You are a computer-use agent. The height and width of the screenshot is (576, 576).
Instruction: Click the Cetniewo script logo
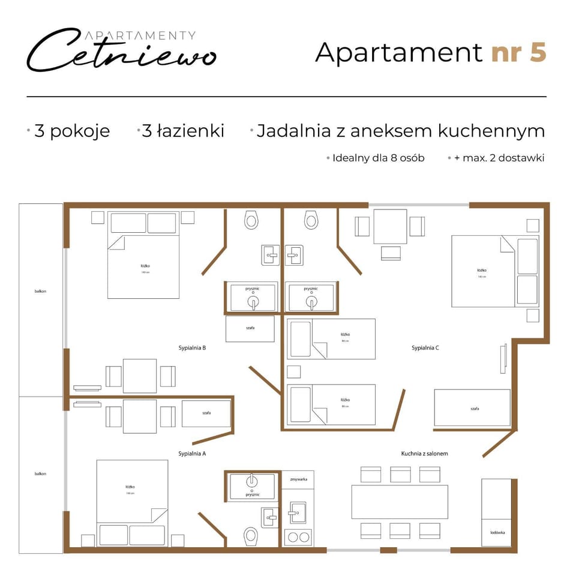pyautogui.click(x=120, y=51)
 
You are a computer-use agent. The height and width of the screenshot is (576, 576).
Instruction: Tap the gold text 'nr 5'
pyautogui.click(x=518, y=52)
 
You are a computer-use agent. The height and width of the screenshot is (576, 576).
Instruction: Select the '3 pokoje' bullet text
pyautogui.click(x=72, y=131)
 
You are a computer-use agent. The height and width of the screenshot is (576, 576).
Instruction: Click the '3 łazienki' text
pyautogui.click(x=183, y=131)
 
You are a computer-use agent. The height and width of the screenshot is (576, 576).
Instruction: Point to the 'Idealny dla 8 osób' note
pyautogui.click(x=378, y=158)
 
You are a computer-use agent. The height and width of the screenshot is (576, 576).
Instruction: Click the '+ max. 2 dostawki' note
pyautogui.click(x=499, y=158)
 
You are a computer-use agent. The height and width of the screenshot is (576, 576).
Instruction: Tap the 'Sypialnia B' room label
pyautogui.click(x=193, y=347)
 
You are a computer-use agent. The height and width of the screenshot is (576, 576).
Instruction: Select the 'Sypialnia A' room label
pyautogui.click(x=193, y=454)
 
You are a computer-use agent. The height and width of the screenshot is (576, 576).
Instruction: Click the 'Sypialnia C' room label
pyautogui.click(x=426, y=347)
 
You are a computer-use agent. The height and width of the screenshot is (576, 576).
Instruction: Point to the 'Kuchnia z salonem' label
pyautogui.click(x=424, y=454)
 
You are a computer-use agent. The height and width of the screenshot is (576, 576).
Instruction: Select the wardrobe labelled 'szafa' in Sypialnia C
pyautogui.click(x=472, y=407)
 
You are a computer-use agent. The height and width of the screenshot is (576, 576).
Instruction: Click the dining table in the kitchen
pyautogui.click(x=400, y=502)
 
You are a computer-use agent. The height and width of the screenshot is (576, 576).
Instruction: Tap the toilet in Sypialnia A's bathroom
pyautogui.click(x=251, y=535)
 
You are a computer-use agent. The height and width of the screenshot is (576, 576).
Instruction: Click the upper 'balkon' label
pyautogui.click(x=40, y=292)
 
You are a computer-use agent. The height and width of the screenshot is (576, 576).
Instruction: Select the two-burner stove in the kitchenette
pyautogui.click(x=298, y=537)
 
